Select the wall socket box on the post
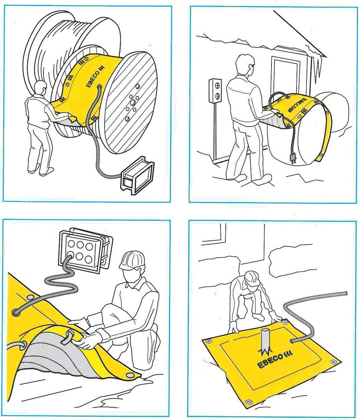coord(216,90)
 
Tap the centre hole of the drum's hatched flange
coord(132,102)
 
